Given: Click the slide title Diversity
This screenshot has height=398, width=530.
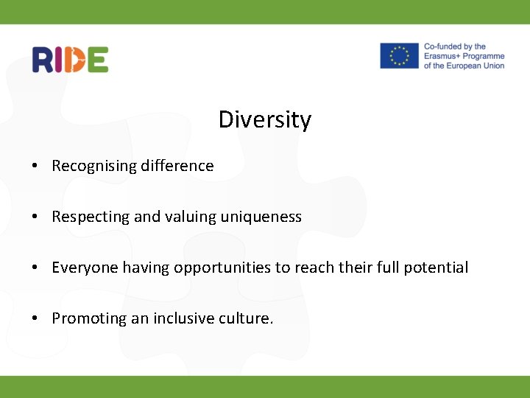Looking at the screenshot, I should pyautogui.click(x=264, y=119).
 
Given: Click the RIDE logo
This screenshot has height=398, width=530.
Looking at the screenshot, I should pyautogui.click(x=70, y=59).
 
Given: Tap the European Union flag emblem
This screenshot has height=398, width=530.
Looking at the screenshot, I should pyautogui.click(x=399, y=56).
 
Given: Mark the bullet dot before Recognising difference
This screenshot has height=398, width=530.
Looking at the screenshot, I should pyautogui.click(x=35, y=167).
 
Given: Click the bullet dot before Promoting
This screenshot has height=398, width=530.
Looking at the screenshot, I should pyautogui.click(x=35, y=319).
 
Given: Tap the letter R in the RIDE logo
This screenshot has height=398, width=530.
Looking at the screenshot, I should pyautogui.click(x=43, y=59).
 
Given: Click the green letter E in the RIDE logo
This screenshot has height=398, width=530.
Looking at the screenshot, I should pyautogui.click(x=98, y=59).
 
